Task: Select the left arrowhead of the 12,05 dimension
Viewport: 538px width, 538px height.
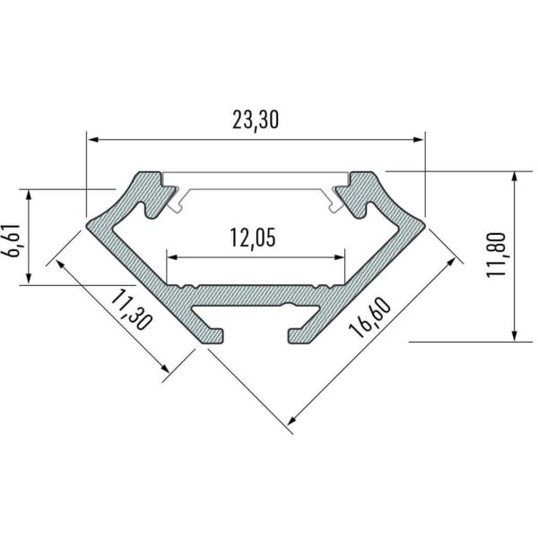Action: pos(170,256)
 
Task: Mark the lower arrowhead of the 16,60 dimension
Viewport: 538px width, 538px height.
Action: pos(291,421)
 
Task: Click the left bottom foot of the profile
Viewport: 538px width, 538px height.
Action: pos(210,335)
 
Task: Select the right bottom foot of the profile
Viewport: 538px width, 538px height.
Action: pos(300,335)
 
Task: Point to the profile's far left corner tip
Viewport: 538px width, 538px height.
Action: pos(87,217)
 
